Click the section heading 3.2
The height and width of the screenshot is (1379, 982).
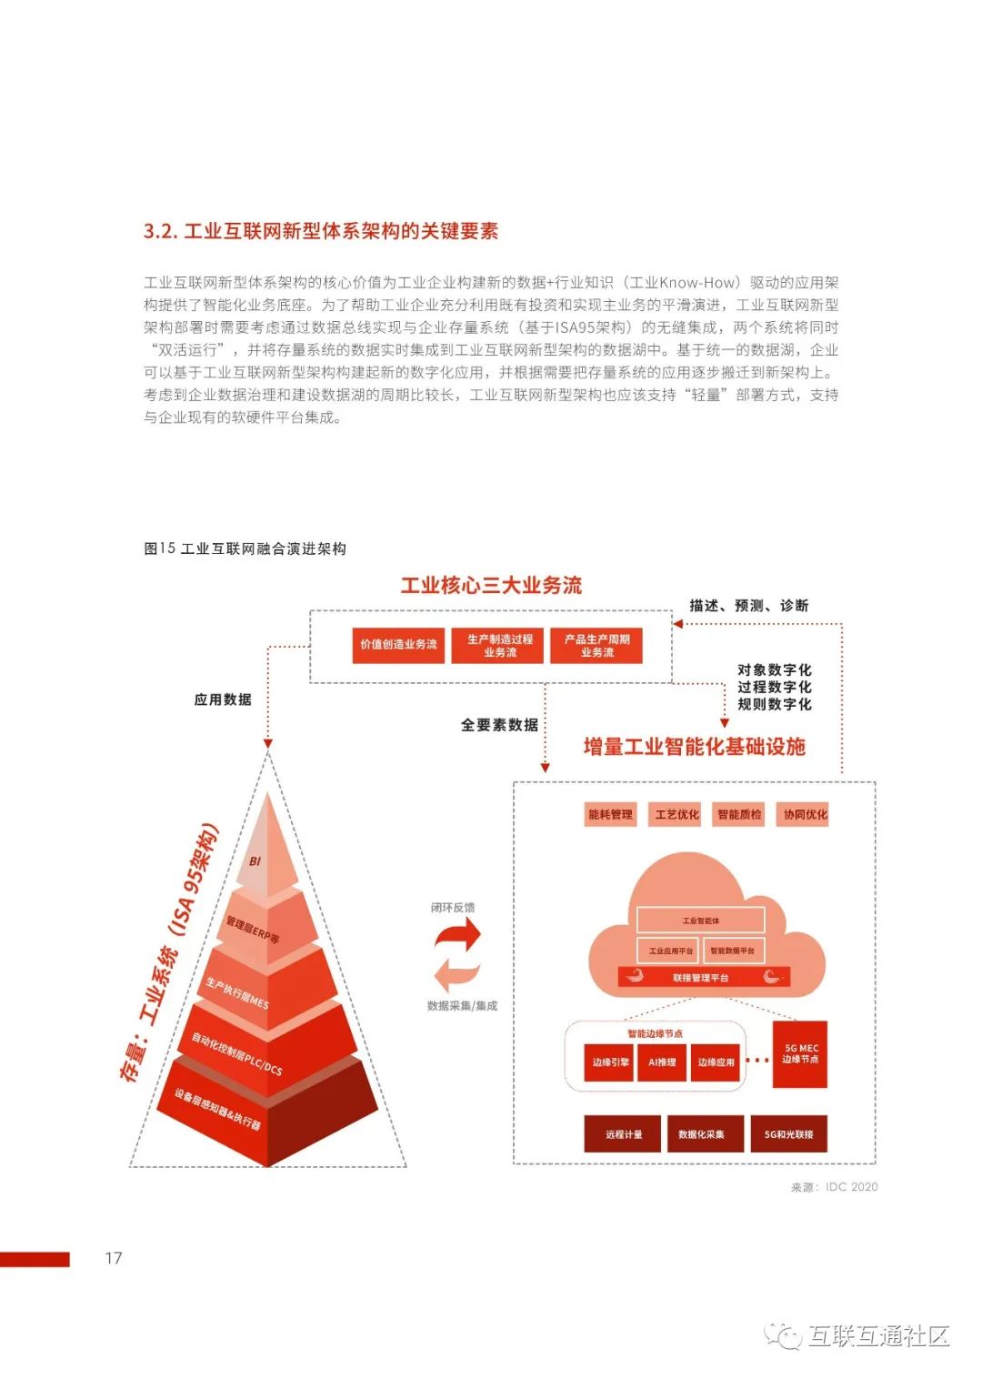[320, 231]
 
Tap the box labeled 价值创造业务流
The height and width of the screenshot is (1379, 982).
[398, 644]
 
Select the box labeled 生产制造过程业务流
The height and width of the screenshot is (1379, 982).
[500, 645]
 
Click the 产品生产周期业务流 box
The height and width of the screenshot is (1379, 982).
[596, 645]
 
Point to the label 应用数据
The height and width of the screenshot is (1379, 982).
[223, 700]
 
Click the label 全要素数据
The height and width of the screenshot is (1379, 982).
[499, 725]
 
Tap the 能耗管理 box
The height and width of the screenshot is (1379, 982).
[610, 814]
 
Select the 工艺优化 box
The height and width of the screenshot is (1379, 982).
[676, 814]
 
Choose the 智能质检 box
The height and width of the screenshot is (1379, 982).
[739, 814]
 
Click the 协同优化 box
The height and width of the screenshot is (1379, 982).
[805, 814]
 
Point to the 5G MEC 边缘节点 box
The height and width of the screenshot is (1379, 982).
[800, 1054]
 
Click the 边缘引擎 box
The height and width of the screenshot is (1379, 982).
[610, 1062]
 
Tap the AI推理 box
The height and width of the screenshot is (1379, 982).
[662, 1062]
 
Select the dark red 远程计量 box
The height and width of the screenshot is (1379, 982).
[623, 1134]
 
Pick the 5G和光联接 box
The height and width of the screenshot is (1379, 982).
[788, 1134]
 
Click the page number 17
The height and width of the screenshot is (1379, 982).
[114, 1258]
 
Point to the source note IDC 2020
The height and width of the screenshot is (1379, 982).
[835, 1187]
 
